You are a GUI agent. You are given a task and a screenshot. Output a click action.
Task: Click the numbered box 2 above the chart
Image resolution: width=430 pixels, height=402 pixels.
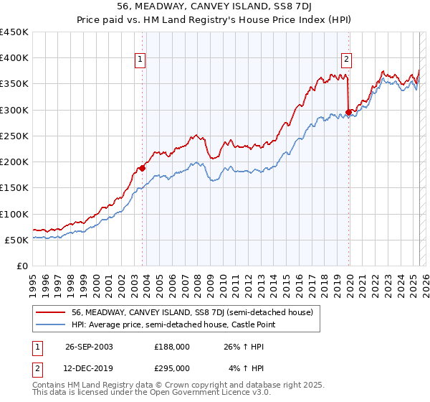click(346, 60)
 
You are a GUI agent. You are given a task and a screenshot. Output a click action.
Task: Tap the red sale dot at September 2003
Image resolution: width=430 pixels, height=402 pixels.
click(142, 168)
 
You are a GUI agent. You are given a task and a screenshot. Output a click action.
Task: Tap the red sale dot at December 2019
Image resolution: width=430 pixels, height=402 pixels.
click(348, 112)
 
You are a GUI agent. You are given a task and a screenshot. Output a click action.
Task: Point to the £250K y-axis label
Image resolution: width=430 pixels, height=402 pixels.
click(14, 136)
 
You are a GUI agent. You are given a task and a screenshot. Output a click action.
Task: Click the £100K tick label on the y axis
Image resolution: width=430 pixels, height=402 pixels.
click(14, 214)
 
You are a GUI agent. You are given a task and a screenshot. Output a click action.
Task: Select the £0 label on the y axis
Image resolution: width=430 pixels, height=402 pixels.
click(23, 266)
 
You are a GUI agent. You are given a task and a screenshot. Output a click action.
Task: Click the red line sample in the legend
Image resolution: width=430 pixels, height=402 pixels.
click(51, 312)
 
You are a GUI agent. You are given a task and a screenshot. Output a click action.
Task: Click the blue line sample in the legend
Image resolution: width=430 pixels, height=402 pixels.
click(51, 325)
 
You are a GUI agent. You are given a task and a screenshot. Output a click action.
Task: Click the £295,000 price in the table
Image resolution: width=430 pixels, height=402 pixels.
click(172, 368)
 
